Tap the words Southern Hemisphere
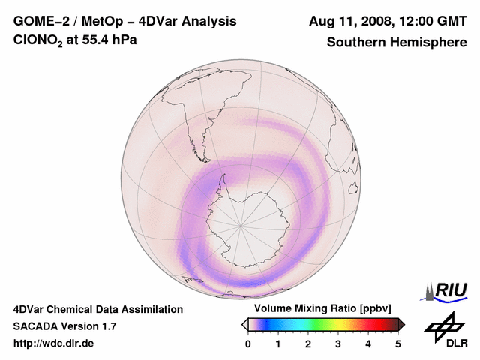coord(397,42)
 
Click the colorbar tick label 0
coord(248,343)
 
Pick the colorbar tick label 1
coord(278,343)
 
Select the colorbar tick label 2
coord(308,343)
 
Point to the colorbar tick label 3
coord(338,343)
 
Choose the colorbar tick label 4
coord(368,343)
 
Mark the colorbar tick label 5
coord(398,343)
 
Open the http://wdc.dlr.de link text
coord(54,343)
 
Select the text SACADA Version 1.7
coord(65,326)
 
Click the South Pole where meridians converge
coord(241,224)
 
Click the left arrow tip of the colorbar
coord(244,324)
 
